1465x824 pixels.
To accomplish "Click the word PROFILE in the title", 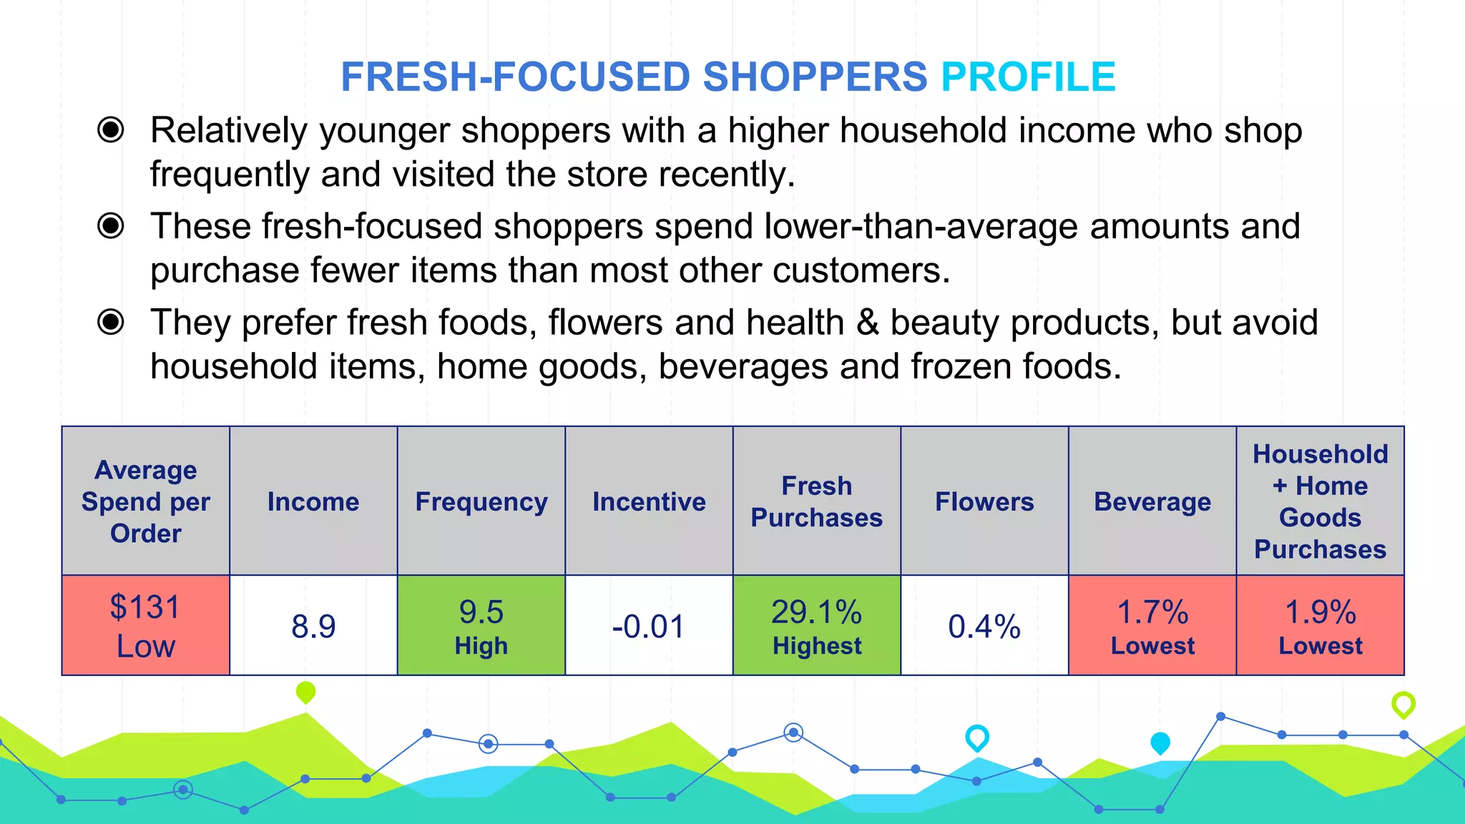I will click(x=1028, y=77).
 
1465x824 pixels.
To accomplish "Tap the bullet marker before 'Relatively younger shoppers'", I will click(x=111, y=130).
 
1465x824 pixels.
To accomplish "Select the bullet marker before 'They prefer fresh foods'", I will click(x=111, y=322).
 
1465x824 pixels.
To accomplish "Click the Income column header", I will click(x=313, y=502).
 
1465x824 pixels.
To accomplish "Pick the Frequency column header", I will click(x=481, y=502).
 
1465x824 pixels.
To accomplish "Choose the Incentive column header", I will click(x=649, y=502).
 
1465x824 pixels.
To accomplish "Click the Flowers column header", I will click(x=984, y=502).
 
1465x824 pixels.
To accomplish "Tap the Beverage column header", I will click(x=1152, y=502).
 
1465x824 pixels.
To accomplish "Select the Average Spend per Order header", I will click(x=146, y=502).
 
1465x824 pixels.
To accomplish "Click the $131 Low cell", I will click(x=146, y=626).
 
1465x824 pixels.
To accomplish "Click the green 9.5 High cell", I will click(x=481, y=626).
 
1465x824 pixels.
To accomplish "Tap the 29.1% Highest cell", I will click(x=817, y=626).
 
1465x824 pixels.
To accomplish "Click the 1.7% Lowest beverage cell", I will click(x=1152, y=626).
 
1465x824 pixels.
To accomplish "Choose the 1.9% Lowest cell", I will click(x=1321, y=626).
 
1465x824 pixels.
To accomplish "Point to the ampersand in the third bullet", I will click(x=867, y=323).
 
